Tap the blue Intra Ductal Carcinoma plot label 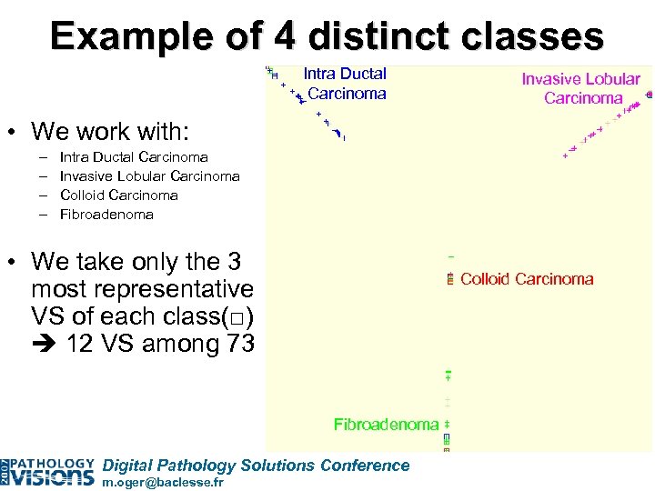(x=345, y=84)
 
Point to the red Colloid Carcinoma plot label (x=527, y=279)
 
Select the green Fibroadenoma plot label (x=386, y=425)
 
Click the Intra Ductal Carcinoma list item (x=133, y=157)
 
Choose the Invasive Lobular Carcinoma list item (x=149, y=176)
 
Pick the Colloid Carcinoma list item (x=118, y=195)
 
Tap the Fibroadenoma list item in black (x=106, y=215)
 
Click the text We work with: (x=110, y=132)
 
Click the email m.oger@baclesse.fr (x=163, y=483)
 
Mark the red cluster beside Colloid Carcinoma (x=450, y=280)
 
